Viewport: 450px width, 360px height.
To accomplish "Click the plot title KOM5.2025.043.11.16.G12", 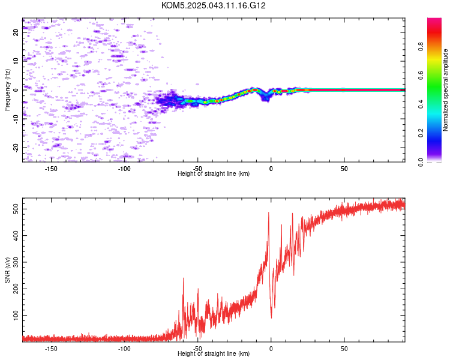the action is coord(213,5).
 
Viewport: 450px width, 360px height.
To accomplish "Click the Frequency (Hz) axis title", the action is coord(7,90).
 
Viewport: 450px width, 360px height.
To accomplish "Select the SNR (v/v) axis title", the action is coord(7,270).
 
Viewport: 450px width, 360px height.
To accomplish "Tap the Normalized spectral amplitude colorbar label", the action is coord(445,90).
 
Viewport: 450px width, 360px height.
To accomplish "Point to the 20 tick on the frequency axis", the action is coord(16,32).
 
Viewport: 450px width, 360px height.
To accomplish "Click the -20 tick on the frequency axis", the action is coord(16,148).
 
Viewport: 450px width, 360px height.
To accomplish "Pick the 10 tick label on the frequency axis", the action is coord(16,61).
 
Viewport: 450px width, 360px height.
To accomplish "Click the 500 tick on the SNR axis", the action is coord(16,209).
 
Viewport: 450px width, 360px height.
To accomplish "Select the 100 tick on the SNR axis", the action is coord(16,315).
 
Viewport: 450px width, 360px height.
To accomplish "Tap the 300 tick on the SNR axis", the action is coord(16,262).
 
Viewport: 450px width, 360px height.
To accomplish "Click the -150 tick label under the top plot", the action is coord(51,169).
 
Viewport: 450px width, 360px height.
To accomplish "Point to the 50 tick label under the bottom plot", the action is coord(344,349).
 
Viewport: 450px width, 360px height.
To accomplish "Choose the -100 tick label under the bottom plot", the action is coord(124,349).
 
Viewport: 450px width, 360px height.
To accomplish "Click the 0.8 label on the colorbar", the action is coord(421,46).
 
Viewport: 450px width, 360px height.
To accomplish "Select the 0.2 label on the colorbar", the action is coord(421,133).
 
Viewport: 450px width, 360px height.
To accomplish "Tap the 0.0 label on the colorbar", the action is coord(421,162).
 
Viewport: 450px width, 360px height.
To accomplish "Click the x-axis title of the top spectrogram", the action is coord(214,173).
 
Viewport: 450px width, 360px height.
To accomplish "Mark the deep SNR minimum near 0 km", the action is coord(271,318).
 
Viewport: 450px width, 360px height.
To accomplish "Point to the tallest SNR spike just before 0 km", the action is coord(269,212).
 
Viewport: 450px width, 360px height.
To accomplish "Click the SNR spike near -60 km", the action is coord(183,278).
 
